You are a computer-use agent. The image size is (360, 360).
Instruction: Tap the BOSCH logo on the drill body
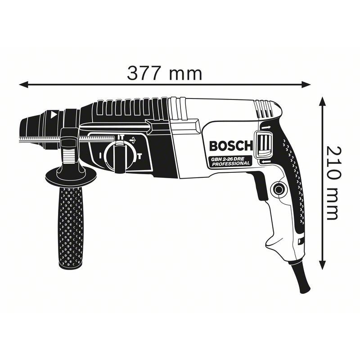click(231, 146)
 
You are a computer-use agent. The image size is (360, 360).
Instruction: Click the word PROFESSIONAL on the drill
click(231, 165)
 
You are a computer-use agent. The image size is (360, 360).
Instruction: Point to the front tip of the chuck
click(22, 128)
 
